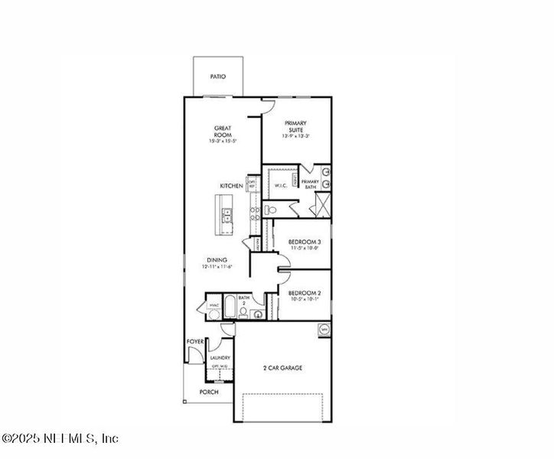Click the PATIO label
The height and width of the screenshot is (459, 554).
point(218,77)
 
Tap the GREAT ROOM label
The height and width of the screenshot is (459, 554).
point(223,131)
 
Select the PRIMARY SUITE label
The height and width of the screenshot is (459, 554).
point(296,126)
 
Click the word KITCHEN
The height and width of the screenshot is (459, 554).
point(231,186)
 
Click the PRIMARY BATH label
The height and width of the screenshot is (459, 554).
point(310,184)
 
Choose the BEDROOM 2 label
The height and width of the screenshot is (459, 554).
point(303,293)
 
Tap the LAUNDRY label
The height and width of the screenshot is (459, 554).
point(220,357)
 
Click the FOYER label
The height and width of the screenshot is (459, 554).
point(194,341)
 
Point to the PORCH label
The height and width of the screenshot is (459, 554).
point(209,392)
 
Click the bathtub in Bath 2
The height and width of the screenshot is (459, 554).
point(229,308)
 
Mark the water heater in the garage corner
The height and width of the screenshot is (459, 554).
point(323,330)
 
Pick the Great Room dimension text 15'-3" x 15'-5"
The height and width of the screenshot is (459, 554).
point(223,142)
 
